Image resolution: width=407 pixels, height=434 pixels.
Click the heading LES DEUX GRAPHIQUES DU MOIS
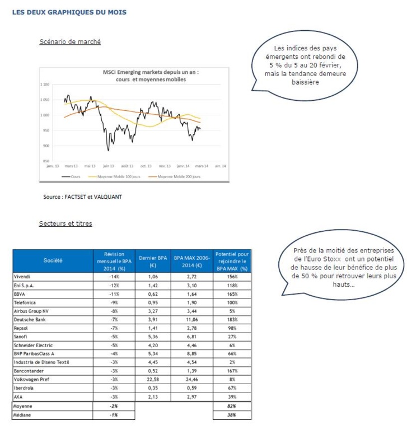pos(69,12)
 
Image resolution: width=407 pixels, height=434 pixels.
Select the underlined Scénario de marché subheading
pos(70,42)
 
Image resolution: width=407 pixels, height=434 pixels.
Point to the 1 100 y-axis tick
pos(45,85)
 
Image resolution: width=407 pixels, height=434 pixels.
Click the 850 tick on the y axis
pos(46,161)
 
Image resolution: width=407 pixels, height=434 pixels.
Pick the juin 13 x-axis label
pos(108,166)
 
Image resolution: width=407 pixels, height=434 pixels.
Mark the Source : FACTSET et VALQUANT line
pos(82,197)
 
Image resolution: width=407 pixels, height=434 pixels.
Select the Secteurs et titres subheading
pos(66,224)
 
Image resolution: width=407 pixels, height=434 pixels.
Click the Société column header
pos(53,260)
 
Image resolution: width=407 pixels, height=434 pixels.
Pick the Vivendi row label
pos(22,276)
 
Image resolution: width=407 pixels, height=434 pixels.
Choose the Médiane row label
pos(23,415)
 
